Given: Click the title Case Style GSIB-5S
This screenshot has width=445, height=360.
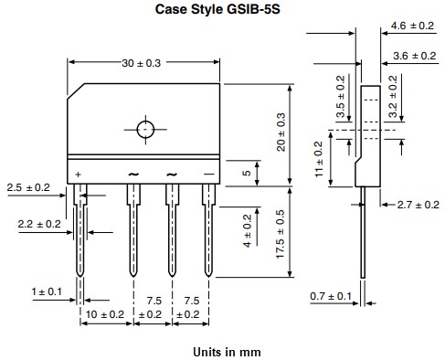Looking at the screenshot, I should [223, 10].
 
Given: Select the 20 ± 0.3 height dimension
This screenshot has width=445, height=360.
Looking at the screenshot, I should [282, 132].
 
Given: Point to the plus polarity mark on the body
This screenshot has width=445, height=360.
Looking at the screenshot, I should [79, 174].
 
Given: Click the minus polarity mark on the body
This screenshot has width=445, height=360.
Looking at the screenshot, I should [208, 174].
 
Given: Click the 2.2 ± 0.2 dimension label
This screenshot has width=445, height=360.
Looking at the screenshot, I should [39, 223].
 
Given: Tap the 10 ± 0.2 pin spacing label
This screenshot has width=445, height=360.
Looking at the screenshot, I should [105, 314].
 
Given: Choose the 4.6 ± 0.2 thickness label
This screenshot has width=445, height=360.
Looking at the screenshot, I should [412, 25].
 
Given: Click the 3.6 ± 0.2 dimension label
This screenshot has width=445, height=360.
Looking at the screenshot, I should [412, 57].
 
